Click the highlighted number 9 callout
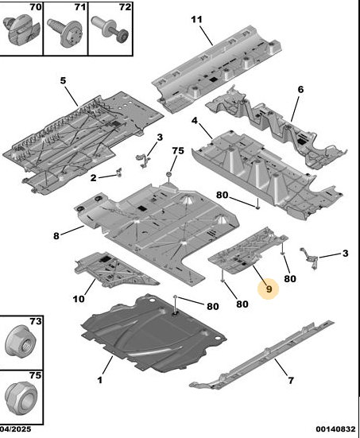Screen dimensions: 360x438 [x=269, y=289]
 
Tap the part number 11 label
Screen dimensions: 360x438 [x=196, y=20]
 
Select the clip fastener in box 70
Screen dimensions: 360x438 [x=21, y=29]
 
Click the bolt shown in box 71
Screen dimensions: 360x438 [x=65, y=32]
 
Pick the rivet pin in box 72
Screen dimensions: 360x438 [x=110, y=29]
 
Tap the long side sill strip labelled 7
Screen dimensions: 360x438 [x=261, y=355]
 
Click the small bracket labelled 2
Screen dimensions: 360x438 [x=119, y=172]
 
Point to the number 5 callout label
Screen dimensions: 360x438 [x=63, y=81]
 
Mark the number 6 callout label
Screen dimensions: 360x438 [x=300, y=89]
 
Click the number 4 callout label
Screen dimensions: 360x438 [x=195, y=121]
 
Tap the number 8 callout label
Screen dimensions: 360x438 [x=56, y=236]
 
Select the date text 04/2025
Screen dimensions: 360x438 [x=15, y=429]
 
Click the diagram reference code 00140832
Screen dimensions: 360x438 [x=335, y=429]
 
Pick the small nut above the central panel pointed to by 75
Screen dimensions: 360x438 [x=168, y=175]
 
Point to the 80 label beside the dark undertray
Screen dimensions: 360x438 [x=212, y=306]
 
